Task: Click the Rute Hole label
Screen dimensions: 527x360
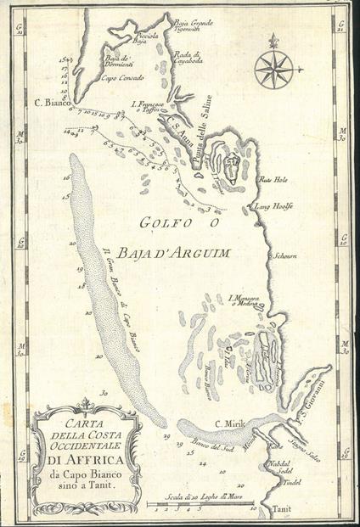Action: tap(274, 180)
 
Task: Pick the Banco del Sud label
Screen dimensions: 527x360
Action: tap(205, 446)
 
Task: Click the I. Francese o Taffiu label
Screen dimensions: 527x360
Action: tap(149, 107)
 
